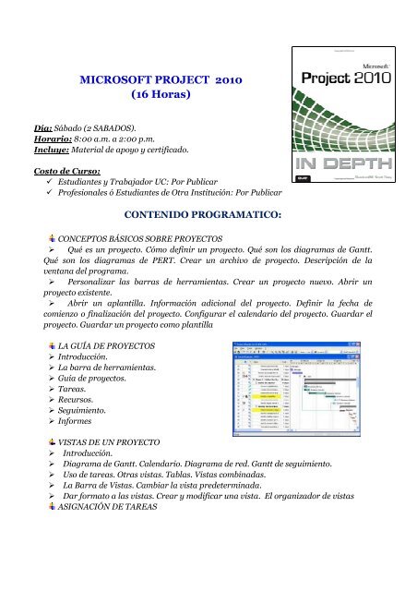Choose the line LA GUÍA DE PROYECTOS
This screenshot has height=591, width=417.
(101, 346)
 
